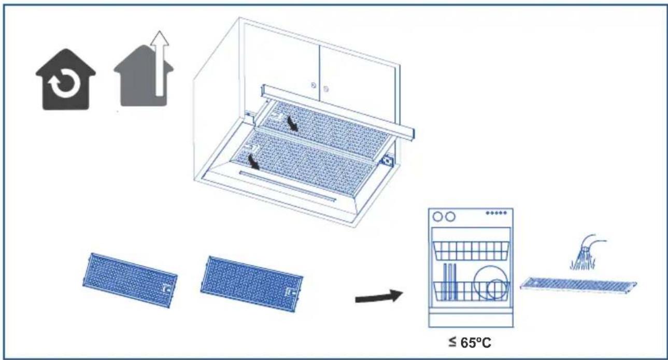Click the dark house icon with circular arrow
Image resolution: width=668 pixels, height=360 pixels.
[66, 80]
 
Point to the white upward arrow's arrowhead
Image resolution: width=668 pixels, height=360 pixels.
[160, 38]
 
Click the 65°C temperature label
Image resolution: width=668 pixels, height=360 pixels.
[476, 343]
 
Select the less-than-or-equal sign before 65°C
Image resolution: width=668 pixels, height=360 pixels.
[452, 342]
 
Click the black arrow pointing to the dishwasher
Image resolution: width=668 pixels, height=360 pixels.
[379, 296]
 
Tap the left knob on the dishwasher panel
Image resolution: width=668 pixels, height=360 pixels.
[437, 217]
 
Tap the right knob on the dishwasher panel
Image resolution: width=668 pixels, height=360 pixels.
[450, 217]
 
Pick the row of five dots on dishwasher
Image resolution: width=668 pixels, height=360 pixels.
[496, 213]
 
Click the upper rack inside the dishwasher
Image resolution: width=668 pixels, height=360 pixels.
[471, 251]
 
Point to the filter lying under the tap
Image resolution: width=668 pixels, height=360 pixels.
[578, 284]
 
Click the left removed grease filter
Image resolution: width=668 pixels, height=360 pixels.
[130, 280]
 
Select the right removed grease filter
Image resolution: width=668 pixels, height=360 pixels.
[252, 284]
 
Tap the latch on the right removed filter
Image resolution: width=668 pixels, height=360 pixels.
[290, 292]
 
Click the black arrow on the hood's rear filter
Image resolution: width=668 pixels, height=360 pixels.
[292, 123]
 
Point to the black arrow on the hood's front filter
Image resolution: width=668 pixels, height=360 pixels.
[254, 162]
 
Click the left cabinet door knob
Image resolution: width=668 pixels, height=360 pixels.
[313, 85]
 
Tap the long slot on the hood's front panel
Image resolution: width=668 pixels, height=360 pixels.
[288, 185]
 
